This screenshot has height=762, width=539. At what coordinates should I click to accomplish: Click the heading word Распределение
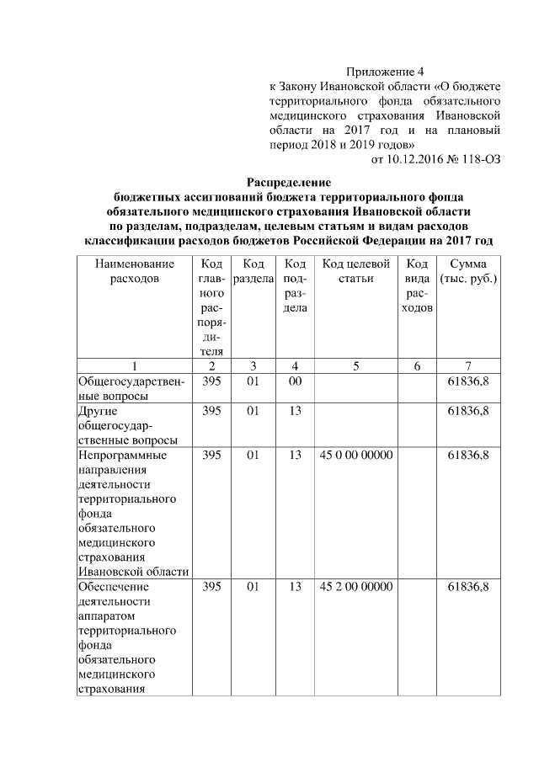pyautogui.click(x=289, y=181)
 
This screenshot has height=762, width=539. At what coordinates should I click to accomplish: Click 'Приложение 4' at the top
pyautogui.click(x=382, y=72)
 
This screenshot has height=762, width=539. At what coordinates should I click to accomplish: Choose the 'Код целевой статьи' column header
pyautogui.click(x=356, y=271)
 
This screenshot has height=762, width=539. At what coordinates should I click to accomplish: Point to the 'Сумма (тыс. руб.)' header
pyautogui.click(x=468, y=271)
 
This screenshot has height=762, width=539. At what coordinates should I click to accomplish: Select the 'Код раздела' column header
pyautogui.click(x=253, y=271)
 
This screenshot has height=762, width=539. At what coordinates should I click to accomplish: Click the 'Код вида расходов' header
pyautogui.click(x=418, y=286)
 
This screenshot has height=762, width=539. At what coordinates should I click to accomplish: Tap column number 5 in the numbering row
pyautogui.click(x=356, y=366)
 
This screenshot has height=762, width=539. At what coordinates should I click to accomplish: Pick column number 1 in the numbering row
pyautogui.click(x=134, y=366)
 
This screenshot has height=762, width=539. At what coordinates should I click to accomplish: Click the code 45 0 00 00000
pyautogui.click(x=356, y=456)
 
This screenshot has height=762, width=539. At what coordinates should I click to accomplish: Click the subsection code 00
pyautogui.click(x=295, y=381)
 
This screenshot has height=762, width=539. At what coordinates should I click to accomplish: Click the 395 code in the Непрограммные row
pyautogui.click(x=211, y=456)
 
